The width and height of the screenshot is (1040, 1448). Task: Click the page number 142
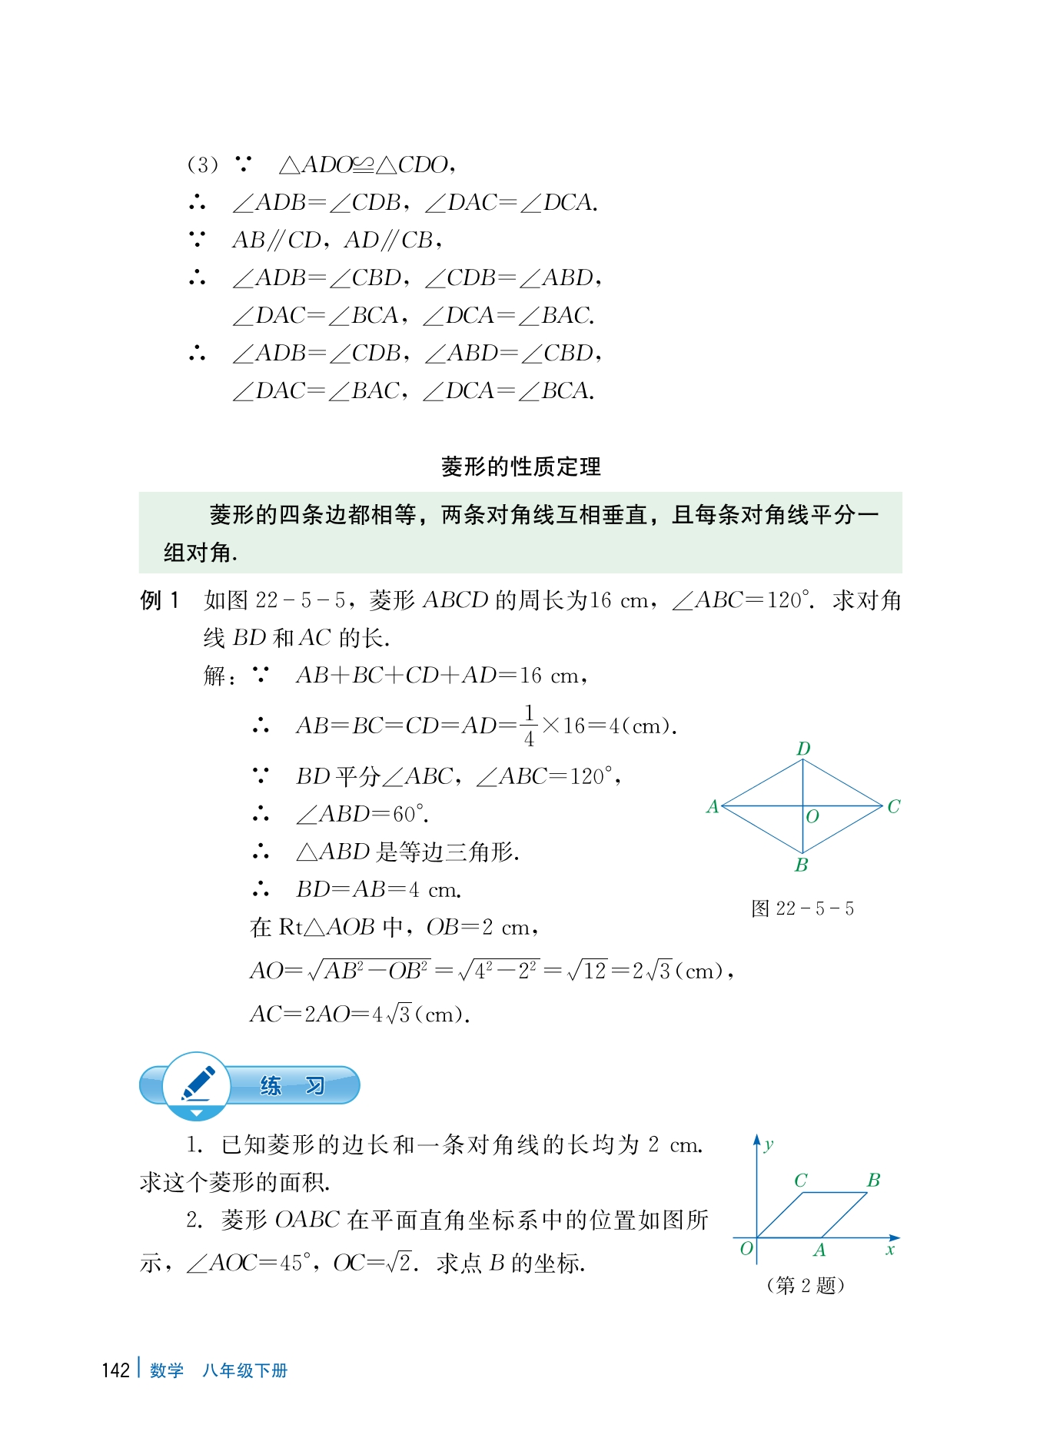coord(115,1370)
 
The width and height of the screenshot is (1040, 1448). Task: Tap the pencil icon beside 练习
coord(197,1084)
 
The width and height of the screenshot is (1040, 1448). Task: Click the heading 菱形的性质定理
coord(520,467)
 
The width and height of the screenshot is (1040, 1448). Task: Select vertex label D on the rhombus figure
coord(803,749)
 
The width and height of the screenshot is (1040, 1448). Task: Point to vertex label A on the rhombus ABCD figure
coord(713,806)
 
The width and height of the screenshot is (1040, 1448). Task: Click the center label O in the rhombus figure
coord(812,817)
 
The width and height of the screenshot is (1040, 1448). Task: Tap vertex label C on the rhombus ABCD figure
coord(893,806)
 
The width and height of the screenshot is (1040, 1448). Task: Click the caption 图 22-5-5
coord(802,908)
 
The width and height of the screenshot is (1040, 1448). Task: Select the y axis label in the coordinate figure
coord(769,1145)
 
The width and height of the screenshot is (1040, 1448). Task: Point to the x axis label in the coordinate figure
coord(890,1250)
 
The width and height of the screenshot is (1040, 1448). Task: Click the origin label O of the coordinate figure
coord(746,1248)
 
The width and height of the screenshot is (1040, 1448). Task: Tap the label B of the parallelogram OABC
coord(873,1180)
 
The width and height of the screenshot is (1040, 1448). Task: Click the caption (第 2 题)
coord(805,1285)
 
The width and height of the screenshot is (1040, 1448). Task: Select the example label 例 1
coord(160,600)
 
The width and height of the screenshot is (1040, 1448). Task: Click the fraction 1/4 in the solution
coord(529,726)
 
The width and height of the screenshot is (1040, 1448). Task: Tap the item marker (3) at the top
coord(202,164)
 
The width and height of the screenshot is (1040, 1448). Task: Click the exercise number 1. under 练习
coord(194,1145)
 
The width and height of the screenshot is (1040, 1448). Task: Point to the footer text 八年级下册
coord(244,1370)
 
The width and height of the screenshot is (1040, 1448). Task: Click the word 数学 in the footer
coord(167,1370)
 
